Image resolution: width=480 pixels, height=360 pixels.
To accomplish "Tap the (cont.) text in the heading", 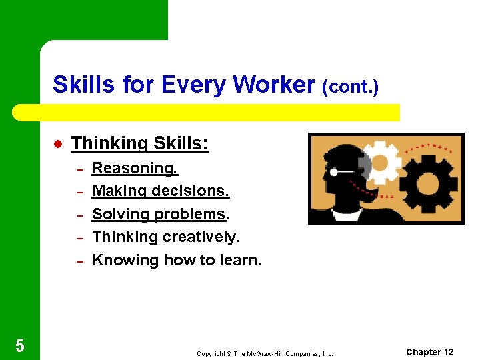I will [350, 87].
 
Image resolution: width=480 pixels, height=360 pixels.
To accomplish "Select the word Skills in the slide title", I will [77, 85].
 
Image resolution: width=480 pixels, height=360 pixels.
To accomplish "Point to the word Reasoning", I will [135, 169].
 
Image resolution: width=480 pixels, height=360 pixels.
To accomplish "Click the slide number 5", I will [19, 345].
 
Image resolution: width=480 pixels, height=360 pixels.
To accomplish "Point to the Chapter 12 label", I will [429, 352].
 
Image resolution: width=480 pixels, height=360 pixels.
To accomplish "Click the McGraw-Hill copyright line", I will [265, 353].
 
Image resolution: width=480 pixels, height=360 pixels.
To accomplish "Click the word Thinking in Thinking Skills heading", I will [109, 143].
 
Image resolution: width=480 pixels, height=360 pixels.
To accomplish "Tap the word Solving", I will [121, 214].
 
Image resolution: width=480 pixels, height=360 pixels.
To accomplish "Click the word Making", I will [119, 191].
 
